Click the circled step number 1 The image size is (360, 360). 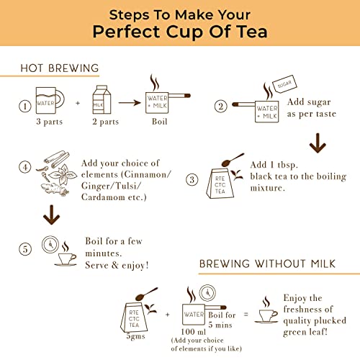click(x=25, y=106)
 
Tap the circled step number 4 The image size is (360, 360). click(x=25, y=167)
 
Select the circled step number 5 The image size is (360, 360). click(x=25, y=249)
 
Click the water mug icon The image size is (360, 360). click(x=50, y=100)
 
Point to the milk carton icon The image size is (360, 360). click(x=102, y=99)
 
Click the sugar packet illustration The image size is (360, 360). click(x=285, y=85)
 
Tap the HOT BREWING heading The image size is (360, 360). click(x=60, y=68)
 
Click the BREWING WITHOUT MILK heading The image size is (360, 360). click(x=267, y=264)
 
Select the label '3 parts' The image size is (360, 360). click(x=50, y=122)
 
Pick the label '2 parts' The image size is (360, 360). click(x=106, y=122)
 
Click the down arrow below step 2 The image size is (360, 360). click(x=318, y=143)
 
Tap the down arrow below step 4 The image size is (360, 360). click(x=52, y=215)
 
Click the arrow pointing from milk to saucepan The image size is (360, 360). click(x=130, y=103)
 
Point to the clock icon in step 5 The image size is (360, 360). click(x=50, y=244)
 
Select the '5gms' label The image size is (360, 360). click(x=136, y=336)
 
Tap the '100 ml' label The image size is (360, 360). click(x=194, y=332)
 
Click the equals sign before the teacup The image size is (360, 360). click(x=246, y=314)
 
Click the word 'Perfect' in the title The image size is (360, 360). click(x=126, y=32)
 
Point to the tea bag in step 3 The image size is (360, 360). click(x=220, y=184)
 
